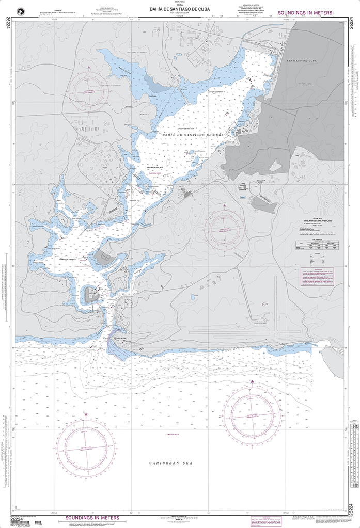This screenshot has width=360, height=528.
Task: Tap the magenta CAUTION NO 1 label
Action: click(x=155, y=174)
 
